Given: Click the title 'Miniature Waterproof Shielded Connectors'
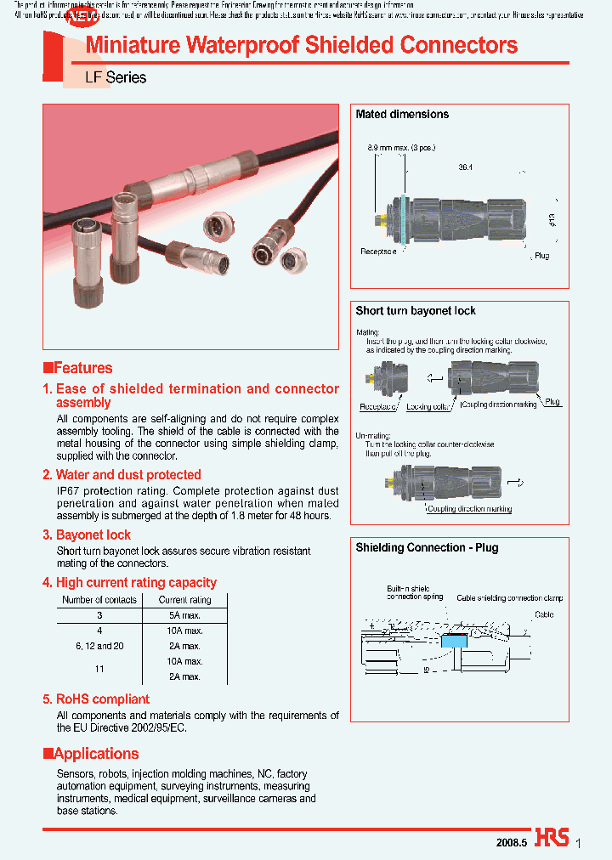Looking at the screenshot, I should [x=302, y=45].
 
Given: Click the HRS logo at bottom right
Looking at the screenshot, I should [x=552, y=837].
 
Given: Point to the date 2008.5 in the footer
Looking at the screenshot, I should [x=512, y=842].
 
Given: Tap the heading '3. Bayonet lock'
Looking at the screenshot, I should [x=87, y=535].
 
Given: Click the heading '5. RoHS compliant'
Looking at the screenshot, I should [x=96, y=699].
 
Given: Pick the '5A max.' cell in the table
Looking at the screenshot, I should [x=185, y=615].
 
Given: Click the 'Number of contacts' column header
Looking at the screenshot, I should [x=99, y=600].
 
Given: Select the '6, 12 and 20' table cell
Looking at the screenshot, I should [x=99, y=646].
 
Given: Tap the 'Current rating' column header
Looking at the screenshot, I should [x=185, y=600].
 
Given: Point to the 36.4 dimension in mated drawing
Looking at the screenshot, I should [x=464, y=168].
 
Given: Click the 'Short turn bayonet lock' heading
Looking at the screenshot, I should [x=416, y=311].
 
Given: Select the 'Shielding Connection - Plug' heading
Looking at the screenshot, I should [x=427, y=548].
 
